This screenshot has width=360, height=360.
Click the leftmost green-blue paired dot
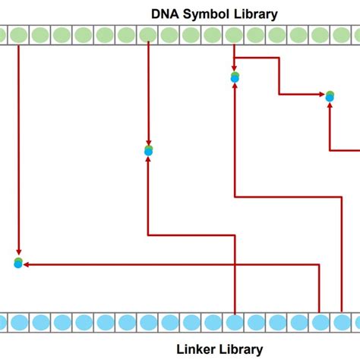18,263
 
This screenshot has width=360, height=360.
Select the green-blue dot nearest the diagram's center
149,150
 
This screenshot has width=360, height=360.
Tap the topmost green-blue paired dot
235,77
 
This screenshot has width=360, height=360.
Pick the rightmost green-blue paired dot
330,96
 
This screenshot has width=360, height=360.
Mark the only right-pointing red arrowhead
321,95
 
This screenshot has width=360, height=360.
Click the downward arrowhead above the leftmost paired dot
18,254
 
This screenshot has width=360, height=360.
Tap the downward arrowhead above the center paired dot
149,142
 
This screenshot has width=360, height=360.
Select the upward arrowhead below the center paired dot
149,160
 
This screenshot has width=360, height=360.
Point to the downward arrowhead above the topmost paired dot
235,68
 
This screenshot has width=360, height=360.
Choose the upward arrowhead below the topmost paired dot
235,86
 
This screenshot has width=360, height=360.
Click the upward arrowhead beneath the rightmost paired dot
330,106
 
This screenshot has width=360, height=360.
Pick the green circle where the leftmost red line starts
18,34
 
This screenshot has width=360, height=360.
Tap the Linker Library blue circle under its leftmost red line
235,323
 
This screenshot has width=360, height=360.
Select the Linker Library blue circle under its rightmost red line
335,323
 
